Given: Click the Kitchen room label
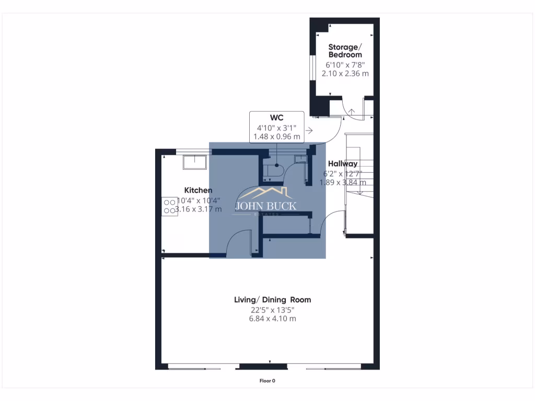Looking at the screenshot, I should coord(198,191).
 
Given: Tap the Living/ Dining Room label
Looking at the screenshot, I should coord(272,300).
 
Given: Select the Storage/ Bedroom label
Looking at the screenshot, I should coord(345,51).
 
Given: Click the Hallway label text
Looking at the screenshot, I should coord(342,164).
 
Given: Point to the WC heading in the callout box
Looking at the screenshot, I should coord(276,117).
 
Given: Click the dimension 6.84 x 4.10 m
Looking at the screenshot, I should coord(272,319).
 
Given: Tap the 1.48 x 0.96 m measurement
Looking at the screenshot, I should coord(276,137).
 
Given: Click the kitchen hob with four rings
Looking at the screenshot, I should coord(170,205).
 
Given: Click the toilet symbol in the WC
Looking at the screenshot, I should coord(276,170).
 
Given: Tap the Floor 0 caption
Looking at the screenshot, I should coord(267,381).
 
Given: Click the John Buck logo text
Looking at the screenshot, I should coord(266,206).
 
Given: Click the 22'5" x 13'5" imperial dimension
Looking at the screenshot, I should coord(272,309).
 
